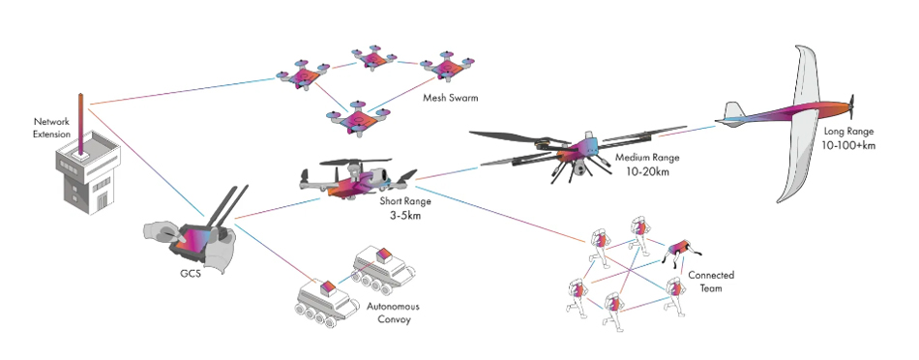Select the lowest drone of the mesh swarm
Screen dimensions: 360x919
[357, 119]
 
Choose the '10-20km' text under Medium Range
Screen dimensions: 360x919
[645, 171]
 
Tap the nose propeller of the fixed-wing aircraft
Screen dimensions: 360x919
[854, 104]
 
